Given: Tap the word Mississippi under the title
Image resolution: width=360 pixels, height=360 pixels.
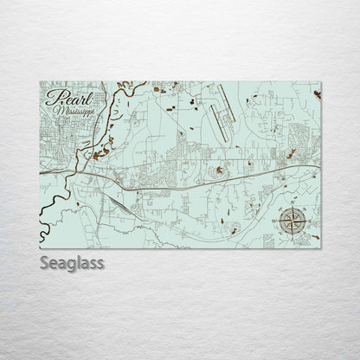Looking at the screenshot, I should coord(74,111).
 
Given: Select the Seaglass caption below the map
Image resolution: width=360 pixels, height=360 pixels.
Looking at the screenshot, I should coord(72,262).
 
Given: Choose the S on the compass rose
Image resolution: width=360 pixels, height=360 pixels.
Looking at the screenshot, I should coord(292,235).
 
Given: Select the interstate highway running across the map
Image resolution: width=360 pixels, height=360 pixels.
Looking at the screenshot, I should coord(199,177).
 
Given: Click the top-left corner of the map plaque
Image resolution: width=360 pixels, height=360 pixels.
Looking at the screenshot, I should coord(40,82).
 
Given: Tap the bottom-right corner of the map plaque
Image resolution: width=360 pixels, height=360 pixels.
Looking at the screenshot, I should coord(321,248).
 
